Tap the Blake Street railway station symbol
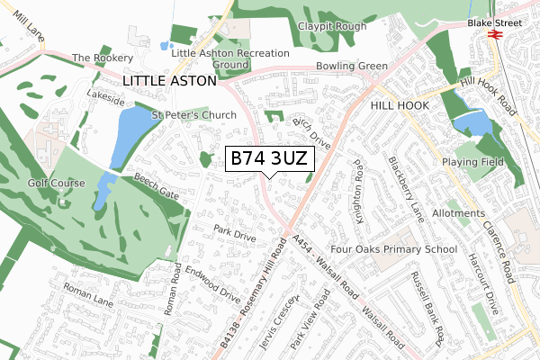pyautogui.click(x=493, y=34)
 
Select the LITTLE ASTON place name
pyautogui.click(x=169, y=81)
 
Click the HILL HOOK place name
pyautogui.click(x=401, y=105)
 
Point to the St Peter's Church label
pyautogui.click(x=194, y=115)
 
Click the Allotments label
pyautogui.click(x=458, y=213)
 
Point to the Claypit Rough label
pyautogui.click(x=333, y=26)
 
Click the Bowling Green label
pyautogui.click(x=351, y=66)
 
